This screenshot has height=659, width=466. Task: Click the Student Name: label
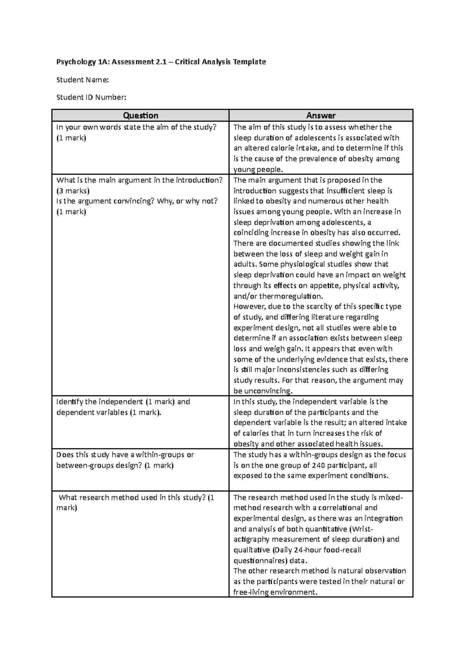click(x=82, y=80)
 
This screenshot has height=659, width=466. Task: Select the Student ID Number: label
click(x=91, y=97)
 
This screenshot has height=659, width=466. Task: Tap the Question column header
click(x=140, y=115)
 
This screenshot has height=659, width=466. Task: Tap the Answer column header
click(x=321, y=115)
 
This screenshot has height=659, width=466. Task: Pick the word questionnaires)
click(x=270, y=560)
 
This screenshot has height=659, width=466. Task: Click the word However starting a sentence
click(x=249, y=307)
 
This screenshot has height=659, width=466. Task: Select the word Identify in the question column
click(x=70, y=402)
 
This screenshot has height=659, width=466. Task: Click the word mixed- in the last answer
click(x=391, y=497)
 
